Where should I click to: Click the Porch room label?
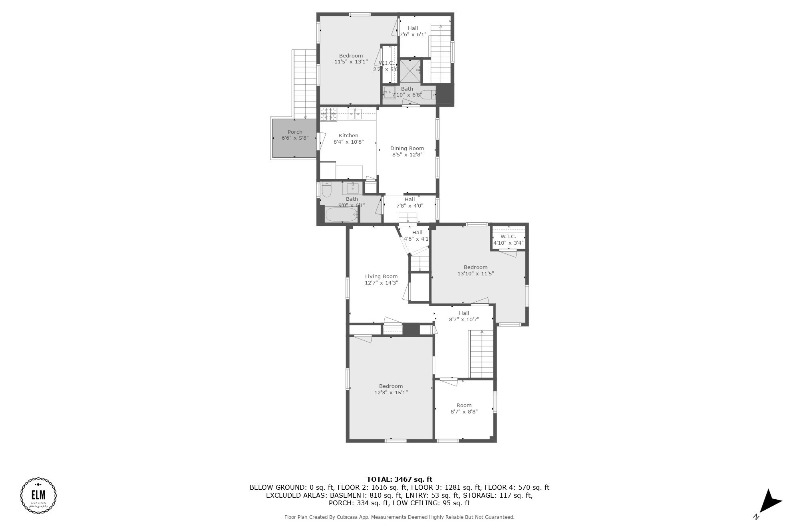(295, 132)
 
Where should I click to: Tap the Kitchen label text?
(348, 136)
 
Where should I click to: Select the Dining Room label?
(407, 148)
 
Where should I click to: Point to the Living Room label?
(381, 277)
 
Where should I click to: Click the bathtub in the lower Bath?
(341, 215)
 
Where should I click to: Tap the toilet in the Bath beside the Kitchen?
(326, 190)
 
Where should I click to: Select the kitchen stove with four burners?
(329, 114)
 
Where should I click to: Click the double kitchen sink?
(355, 114)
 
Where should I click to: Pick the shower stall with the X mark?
(411, 71)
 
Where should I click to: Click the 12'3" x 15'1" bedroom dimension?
(391, 393)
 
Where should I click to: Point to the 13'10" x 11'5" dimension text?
(475, 274)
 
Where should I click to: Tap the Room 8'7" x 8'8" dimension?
(464, 412)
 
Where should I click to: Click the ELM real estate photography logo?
(38, 495)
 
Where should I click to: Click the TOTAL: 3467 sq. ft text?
(399, 479)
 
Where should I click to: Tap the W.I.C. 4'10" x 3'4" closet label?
(508, 240)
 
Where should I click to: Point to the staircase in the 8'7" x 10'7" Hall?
(481, 354)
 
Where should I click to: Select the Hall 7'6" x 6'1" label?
(413, 31)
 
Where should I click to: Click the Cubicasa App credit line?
(399, 517)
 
